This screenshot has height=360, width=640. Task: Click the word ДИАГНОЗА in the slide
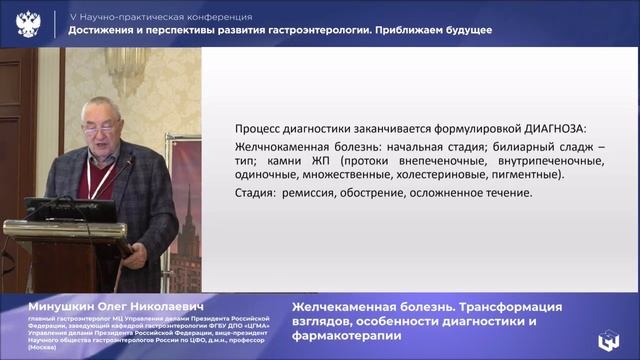[x=553, y=128]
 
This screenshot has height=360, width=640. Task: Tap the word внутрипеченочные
[x=527, y=160]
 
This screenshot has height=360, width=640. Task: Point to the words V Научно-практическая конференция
[x=160, y=17]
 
